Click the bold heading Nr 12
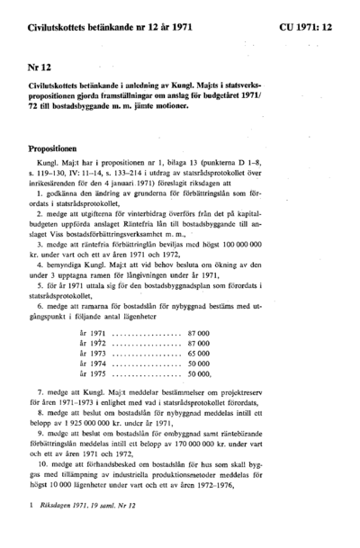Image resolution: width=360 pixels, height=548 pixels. (37, 67)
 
